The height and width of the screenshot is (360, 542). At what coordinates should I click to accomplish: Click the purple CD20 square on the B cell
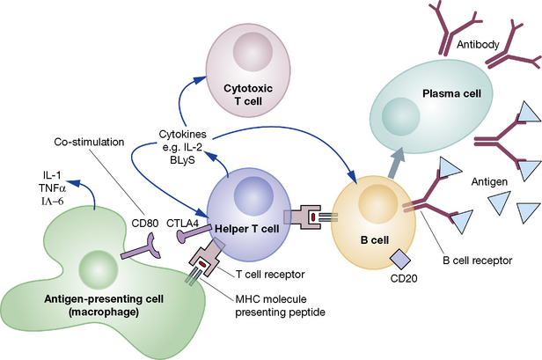point(398,258)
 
